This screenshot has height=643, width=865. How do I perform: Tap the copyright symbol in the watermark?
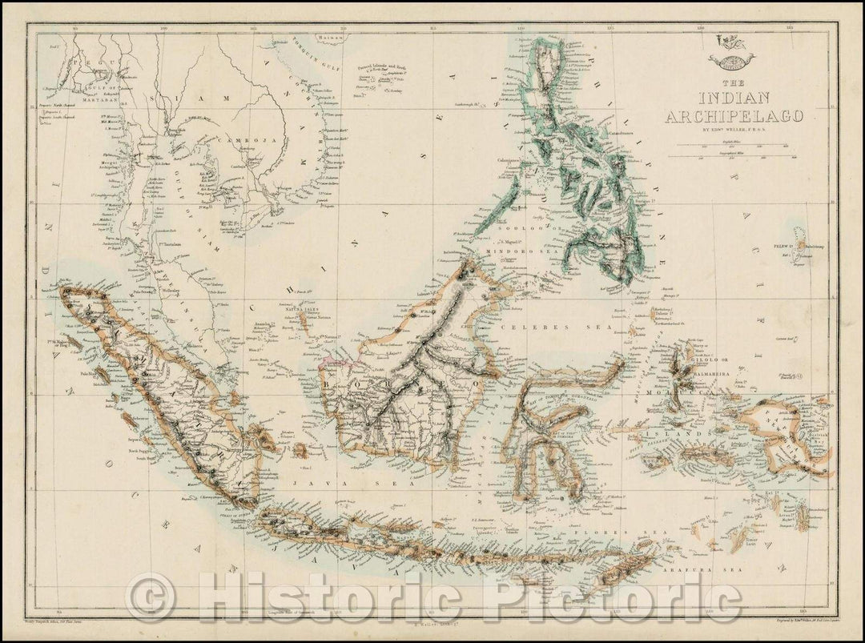click(x=151, y=597)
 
